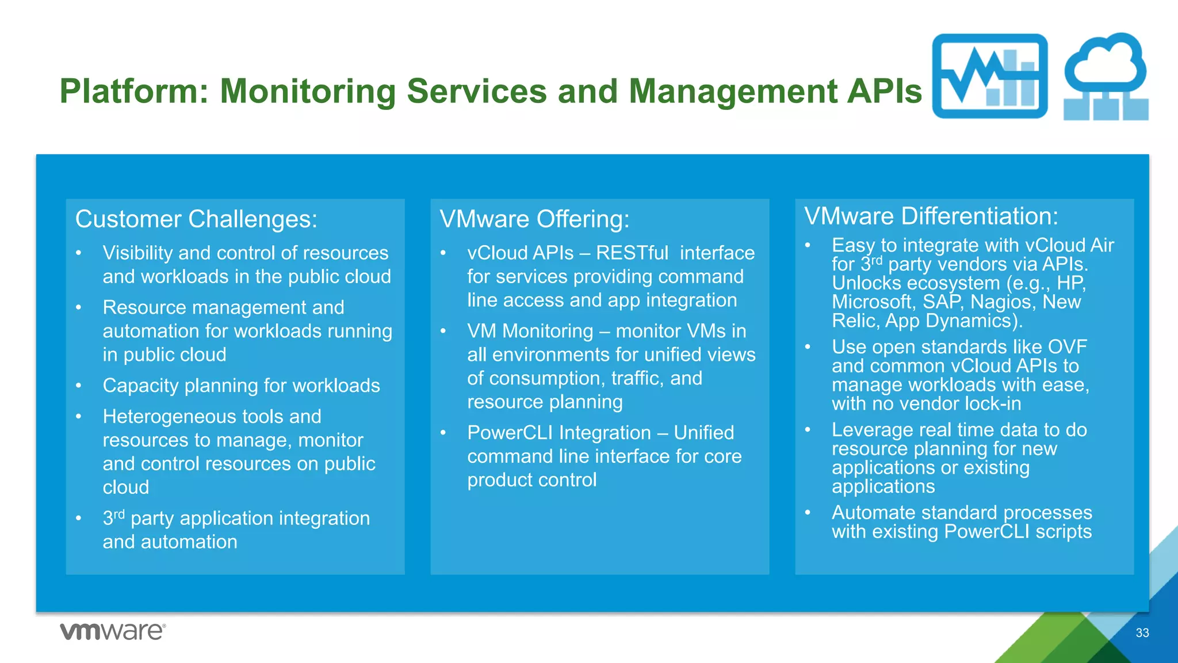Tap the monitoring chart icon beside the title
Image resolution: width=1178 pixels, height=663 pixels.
pos(989,77)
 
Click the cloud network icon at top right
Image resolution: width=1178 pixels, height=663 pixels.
pos(1106,77)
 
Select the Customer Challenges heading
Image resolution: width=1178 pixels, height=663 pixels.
pos(196,219)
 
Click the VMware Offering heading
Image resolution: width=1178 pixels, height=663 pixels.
pos(534,219)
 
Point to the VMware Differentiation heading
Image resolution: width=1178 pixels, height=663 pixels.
pos(931,216)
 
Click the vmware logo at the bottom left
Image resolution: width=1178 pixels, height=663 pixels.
pos(113,631)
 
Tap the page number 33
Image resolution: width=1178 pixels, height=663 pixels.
pos(1142,633)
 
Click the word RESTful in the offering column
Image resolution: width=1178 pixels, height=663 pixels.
pos(632,253)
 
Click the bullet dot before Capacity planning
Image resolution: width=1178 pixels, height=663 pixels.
pos(79,386)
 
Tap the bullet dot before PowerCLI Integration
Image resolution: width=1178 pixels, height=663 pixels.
pos(443,433)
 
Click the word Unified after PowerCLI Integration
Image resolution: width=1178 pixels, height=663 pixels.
pos(703,433)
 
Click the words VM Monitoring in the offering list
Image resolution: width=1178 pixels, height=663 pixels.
pos(530,331)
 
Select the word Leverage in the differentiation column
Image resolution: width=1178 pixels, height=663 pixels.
pos(873,430)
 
